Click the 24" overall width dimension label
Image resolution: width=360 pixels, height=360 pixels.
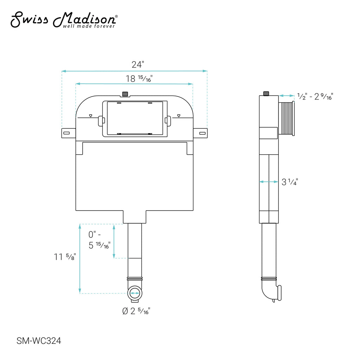pyautogui.click(x=138, y=65)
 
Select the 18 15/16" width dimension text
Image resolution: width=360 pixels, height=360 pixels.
pyautogui.click(x=139, y=79)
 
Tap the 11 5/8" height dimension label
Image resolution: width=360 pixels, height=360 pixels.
pyautogui.click(x=65, y=257)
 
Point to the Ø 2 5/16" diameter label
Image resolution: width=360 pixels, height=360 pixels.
pyautogui.click(x=136, y=311)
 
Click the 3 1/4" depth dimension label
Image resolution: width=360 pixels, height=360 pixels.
pyautogui.click(x=290, y=182)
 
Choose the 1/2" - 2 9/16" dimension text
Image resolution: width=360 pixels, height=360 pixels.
pyautogui.click(x=315, y=96)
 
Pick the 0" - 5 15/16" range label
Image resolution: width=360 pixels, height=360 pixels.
pyautogui.click(x=99, y=240)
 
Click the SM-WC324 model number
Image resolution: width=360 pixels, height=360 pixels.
pyautogui.click(x=39, y=341)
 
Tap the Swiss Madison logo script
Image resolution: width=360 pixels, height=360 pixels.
pyautogui.click(x=64, y=20)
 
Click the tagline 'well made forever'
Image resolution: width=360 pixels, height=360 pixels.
pyautogui.click(x=89, y=26)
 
